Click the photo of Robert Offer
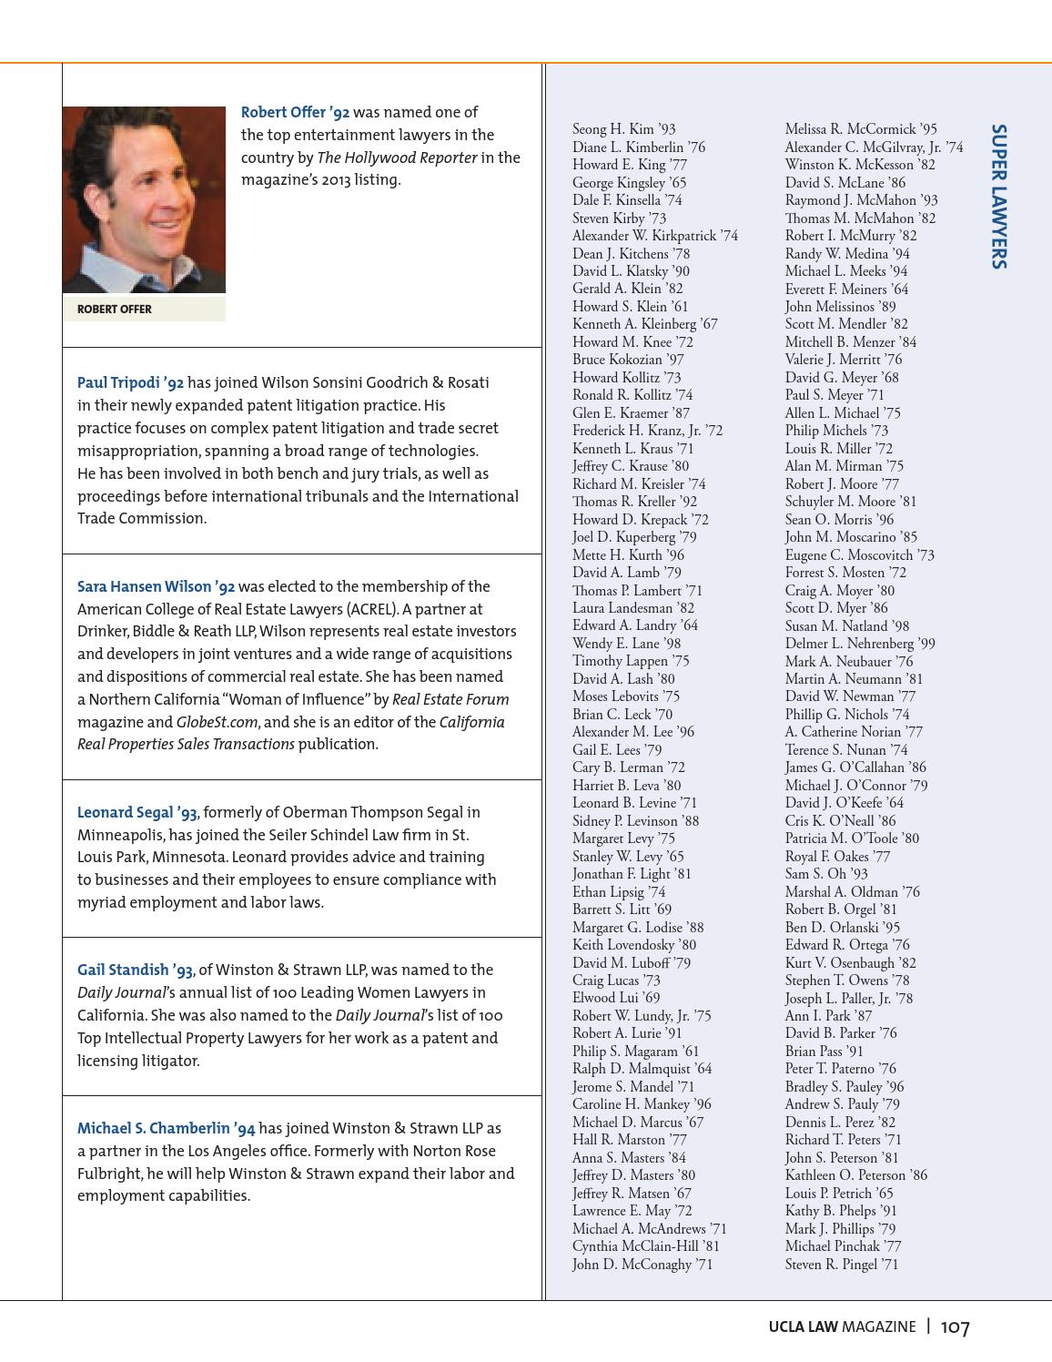coord(144,199)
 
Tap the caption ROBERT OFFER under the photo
coord(115,310)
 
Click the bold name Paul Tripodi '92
coord(130,383)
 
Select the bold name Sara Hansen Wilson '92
coord(156,587)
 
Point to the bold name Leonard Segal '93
coord(137,813)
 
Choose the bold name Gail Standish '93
coord(135,971)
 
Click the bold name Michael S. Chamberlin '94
coord(166,1129)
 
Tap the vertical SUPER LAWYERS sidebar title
coord(998,197)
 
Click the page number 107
coord(956,1327)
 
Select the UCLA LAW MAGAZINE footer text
coord(842,1327)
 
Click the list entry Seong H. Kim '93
coord(623,129)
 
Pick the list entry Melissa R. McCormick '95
coord(860,129)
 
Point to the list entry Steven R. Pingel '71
coord(841,1265)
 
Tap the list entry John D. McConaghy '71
coord(642,1265)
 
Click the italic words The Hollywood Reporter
coord(397,158)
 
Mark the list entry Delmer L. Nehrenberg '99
coord(860,644)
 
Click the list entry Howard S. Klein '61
coord(630,307)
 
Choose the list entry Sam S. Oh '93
coord(826,874)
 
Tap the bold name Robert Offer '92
coord(295,113)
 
